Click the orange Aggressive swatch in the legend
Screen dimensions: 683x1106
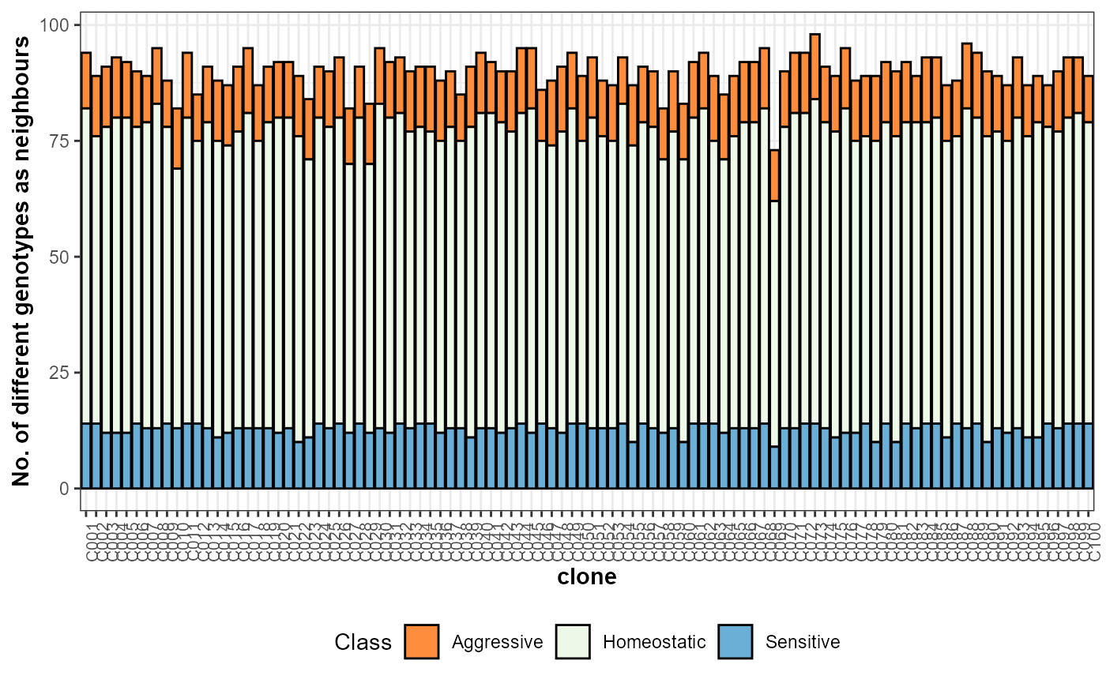tap(421, 641)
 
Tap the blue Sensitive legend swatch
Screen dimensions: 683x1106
tap(735, 641)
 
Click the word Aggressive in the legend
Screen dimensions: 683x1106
tap(497, 642)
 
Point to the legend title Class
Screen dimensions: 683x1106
tap(363, 642)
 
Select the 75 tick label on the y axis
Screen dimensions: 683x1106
tap(62, 141)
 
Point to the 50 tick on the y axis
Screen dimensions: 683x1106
tap(62, 257)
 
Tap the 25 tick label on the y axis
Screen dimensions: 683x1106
tap(62, 373)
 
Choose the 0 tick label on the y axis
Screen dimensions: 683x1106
tap(66, 489)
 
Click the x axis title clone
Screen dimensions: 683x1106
tap(587, 577)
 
